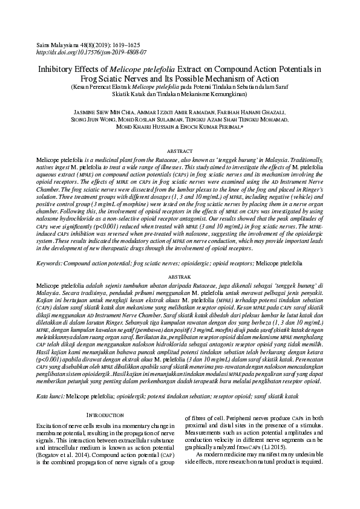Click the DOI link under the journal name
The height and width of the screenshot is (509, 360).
pyautogui.click(x=91, y=53)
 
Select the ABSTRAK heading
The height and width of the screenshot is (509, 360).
pyautogui.click(x=180, y=275)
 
